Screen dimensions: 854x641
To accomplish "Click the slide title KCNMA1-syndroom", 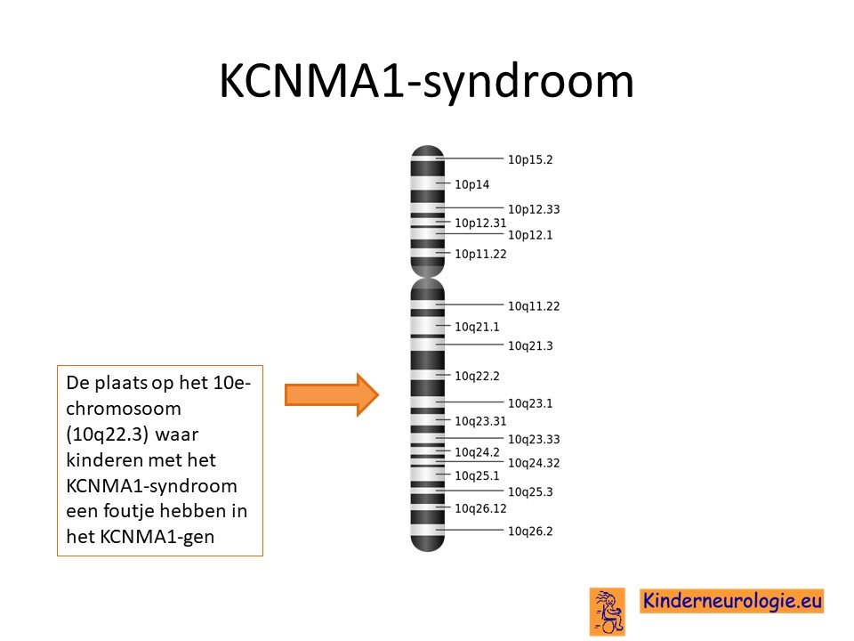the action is (426, 82).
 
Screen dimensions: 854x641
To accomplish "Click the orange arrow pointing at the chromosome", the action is (332, 394).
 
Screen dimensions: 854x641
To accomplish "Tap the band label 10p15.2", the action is (530, 159).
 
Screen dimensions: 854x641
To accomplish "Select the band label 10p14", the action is (471, 185).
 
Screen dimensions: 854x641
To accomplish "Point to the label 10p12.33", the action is (534, 209).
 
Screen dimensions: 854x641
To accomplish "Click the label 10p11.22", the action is (480, 254).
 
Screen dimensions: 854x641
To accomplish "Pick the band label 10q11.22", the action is (534, 306).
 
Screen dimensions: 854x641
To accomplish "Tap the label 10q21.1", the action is (477, 327).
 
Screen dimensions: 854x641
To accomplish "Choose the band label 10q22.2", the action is (477, 376).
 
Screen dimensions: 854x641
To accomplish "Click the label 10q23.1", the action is (530, 403).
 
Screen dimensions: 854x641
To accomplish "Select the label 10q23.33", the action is (534, 439).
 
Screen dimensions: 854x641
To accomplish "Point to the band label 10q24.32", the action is (534, 463).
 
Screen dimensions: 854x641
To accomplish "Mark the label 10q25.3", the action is (530, 492).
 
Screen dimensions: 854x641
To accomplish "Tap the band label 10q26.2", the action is (530, 531).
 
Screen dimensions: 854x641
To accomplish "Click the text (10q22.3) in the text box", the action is (107, 435).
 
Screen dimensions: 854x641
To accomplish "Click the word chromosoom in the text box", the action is (123, 409).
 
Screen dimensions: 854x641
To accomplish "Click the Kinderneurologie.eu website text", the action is (731, 601).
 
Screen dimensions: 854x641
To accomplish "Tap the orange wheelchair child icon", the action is (608, 612).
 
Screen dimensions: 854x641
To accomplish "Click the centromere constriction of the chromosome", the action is (428, 278).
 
